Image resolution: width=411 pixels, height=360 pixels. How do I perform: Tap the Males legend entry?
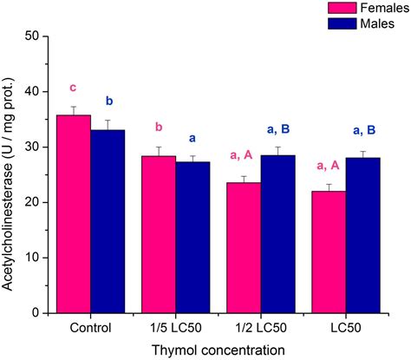[x=342, y=23]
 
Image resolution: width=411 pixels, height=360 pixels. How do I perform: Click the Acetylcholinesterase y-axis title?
[x=10, y=173]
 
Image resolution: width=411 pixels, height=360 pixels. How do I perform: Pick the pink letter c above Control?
[x=75, y=88]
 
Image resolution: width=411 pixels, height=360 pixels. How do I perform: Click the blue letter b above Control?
[x=108, y=101]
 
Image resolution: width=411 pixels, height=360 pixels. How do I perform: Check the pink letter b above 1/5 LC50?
[x=160, y=128]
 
